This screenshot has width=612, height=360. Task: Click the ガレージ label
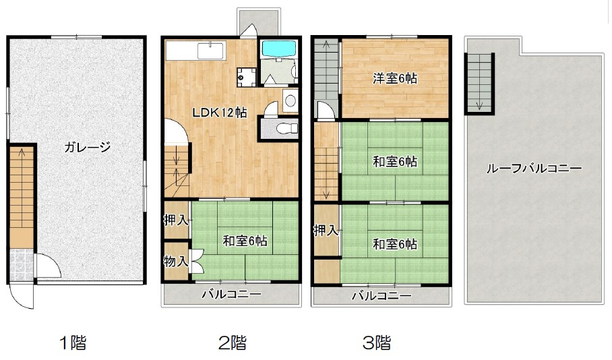[88, 146]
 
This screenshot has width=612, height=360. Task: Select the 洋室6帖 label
[396, 79]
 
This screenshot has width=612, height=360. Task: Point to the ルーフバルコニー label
[534, 169]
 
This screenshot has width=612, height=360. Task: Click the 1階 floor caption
[73, 343]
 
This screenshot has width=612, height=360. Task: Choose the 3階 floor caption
[377, 343]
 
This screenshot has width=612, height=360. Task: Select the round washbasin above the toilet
[290, 101]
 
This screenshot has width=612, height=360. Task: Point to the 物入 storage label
[176, 261]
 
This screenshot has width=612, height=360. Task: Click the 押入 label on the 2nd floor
[175, 220]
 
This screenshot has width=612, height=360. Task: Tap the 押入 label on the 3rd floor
[326, 231]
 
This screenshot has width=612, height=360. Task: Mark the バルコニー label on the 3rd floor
[381, 295]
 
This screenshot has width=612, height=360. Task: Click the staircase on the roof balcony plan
[481, 81]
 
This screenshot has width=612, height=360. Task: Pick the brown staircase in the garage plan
[22, 196]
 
